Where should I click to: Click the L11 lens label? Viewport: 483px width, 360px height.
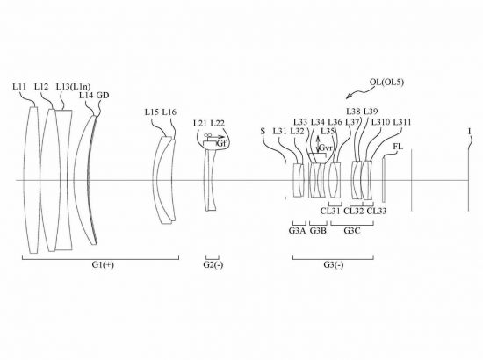[19, 87]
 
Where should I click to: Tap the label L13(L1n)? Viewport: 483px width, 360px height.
[73, 87]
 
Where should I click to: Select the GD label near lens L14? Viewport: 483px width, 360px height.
[103, 96]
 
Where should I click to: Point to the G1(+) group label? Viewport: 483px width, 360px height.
[103, 264]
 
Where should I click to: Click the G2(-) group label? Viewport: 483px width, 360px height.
[213, 264]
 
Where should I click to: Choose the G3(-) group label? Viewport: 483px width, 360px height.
[334, 264]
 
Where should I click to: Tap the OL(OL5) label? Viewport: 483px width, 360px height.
[386, 83]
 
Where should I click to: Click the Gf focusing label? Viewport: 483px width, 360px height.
[221, 143]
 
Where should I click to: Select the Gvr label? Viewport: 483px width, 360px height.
[326, 148]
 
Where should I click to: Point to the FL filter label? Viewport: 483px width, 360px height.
[398, 147]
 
